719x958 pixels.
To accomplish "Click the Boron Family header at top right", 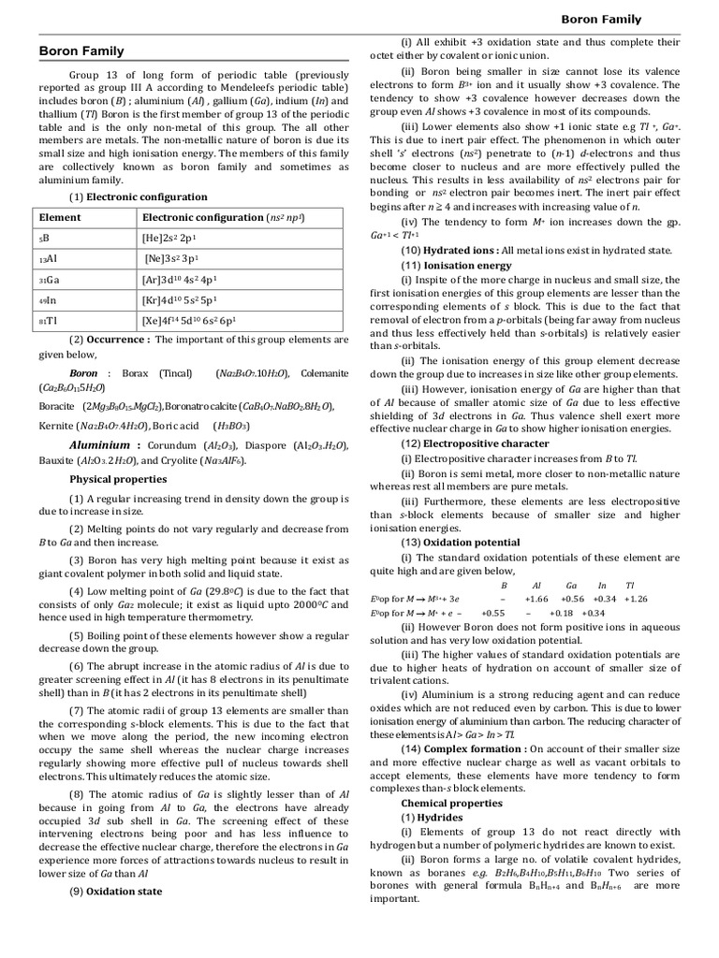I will [x=601, y=19].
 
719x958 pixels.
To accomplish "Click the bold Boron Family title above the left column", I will [x=82, y=51].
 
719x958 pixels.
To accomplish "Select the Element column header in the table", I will [x=60, y=217].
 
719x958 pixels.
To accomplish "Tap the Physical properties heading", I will [x=118, y=479].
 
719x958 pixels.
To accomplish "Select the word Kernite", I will [x=57, y=425].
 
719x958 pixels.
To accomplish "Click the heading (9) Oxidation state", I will [x=115, y=892].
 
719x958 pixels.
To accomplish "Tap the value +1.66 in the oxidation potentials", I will [x=536, y=599].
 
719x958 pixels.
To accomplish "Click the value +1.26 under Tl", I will [x=636, y=599].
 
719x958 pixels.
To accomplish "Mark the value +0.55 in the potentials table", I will [x=492, y=613].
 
